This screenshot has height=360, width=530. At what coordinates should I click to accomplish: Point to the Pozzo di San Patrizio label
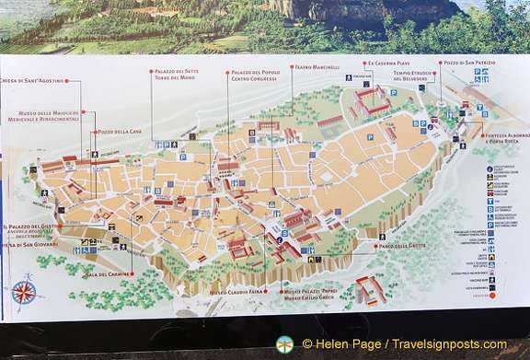(x=469, y=63)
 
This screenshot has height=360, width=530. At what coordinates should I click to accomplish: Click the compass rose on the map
(x=25, y=293)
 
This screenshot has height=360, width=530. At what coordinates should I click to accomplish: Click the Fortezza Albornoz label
(x=507, y=136)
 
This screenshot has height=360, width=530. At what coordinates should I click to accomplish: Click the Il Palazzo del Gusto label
(x=31, y=226)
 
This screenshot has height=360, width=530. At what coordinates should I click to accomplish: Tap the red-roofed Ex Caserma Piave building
(x=372, y=100)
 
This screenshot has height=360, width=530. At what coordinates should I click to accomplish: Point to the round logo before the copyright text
(x=284, y=344)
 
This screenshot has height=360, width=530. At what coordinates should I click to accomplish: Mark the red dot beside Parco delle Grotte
(x=374, y=246)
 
